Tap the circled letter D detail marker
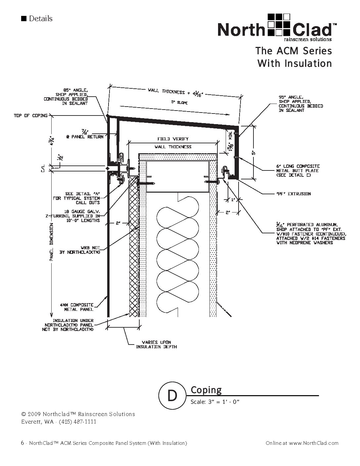172,395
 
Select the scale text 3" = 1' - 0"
215,402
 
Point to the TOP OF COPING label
30,116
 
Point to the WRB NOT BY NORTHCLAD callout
80,250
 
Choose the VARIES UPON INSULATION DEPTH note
157,345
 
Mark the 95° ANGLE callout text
300,104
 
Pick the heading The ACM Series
293,51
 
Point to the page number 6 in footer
22,443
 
